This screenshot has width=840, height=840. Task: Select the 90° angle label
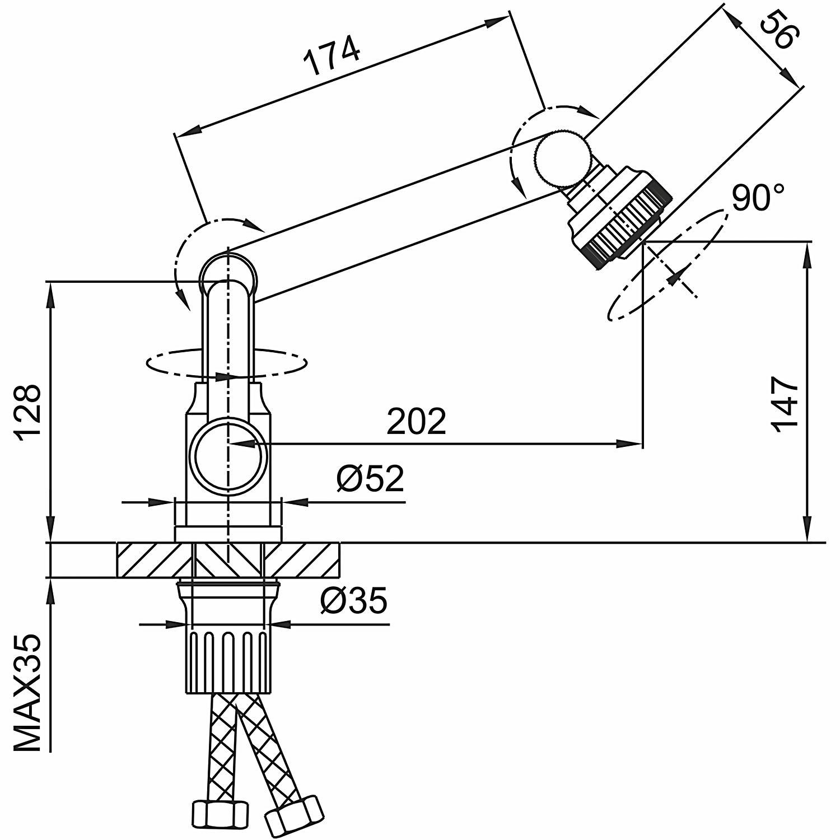click(x=758, y=197)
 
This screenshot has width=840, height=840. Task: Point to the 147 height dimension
click(x=785, y=404)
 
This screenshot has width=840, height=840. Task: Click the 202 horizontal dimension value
click(x=417, y=421)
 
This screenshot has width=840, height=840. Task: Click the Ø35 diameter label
click(x=354, y=601)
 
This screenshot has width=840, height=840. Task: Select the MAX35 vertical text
click(x=27, y=693)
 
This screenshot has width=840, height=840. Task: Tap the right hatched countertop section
click(x=301, y=560)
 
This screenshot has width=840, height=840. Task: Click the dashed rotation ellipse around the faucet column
click(x=227, y=363)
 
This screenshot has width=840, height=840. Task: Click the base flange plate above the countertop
click(x=228, y=534)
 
